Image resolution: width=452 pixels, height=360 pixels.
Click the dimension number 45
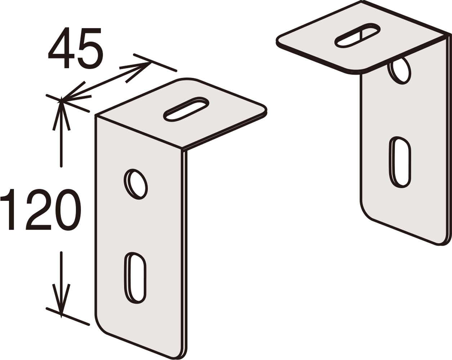[76, 48]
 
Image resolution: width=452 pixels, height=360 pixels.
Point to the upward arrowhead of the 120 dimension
[61, 114]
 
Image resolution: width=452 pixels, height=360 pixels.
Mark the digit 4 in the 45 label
[61, 48]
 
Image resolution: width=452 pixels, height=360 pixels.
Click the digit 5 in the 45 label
[90, 48]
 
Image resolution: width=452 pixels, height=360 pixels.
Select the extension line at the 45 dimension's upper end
[155, 63]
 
